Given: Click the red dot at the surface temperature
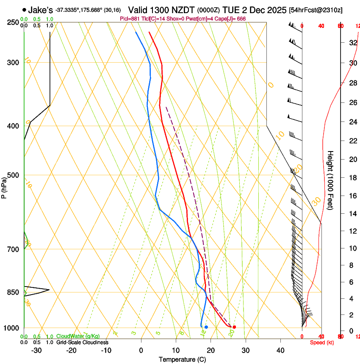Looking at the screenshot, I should [234, 327].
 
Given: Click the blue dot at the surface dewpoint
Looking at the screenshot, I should [206, 327].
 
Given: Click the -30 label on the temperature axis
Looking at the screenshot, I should [36, 350].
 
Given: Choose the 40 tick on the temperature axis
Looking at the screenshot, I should [280, 350].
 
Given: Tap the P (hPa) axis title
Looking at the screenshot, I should [4, 185].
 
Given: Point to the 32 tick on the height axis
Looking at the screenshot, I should [352, 43].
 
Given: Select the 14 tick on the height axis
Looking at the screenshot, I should [352, 214].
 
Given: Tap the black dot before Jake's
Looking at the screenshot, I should [24, 10].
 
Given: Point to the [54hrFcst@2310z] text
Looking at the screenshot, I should [316, 10].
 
